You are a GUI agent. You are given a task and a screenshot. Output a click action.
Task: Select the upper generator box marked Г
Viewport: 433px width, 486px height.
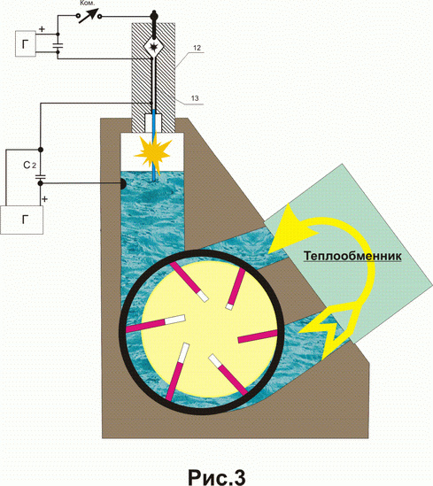point(26,43)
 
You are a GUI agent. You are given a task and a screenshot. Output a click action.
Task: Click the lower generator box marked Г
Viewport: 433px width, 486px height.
point(22,220)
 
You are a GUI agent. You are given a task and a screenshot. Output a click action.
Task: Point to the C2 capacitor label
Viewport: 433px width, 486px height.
point(29,166)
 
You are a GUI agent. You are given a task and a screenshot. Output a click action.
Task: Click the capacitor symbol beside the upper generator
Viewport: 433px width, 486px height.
point(58,46)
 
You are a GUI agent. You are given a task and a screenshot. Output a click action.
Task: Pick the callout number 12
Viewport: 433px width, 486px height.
point(197,48)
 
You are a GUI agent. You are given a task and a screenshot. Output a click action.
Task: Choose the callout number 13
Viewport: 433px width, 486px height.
point(195,98)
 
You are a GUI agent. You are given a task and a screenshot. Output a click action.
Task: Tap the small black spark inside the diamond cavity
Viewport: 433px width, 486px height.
point(154,47)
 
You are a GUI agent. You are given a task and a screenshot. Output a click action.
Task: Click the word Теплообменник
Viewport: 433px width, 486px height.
point(352,257)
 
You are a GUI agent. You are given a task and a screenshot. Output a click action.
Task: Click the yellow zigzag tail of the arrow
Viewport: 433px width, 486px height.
point(329,330)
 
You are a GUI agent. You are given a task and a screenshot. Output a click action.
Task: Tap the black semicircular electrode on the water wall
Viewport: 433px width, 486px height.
point(123,184)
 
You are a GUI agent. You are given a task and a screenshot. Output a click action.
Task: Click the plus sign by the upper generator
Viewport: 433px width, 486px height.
point(43,29)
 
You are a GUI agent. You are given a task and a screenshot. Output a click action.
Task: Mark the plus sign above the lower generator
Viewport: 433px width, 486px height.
point(44,198)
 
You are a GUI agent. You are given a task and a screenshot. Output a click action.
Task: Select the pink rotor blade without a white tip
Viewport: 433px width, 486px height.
point(258,336)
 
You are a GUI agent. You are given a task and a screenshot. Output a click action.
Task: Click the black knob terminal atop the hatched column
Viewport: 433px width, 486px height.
point(154,15)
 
